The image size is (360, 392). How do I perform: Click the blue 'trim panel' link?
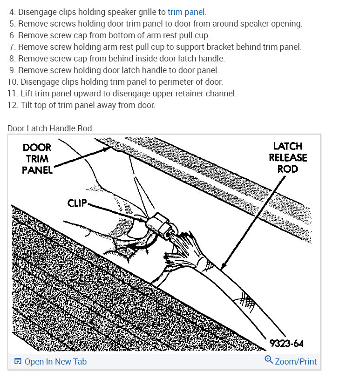pos(186,12)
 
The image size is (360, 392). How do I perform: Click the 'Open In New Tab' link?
pos(55,361)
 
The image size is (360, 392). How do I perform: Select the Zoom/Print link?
pos(295,361)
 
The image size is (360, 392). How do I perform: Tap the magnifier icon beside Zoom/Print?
pos(268,360)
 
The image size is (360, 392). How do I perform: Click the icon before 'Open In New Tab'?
pos(18,361)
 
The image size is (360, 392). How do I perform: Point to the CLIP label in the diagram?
pos(77,203)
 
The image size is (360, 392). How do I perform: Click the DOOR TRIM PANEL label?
pos(37,158)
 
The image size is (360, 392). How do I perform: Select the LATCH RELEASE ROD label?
pos(288,157)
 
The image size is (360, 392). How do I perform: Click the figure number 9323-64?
pos(286,344)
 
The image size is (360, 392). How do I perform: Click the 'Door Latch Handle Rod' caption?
pos(49,128)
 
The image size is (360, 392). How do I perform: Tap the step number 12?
pos(12,105)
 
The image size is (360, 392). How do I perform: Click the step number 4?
pos(12,12)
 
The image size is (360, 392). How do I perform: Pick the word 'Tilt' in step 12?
pos(27,105)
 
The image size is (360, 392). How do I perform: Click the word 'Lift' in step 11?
pos(27,94)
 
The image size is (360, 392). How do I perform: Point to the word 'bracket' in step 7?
pos(224,47)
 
